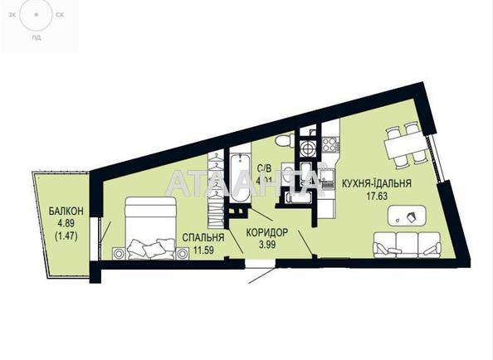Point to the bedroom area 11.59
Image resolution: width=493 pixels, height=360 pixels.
point(200,248)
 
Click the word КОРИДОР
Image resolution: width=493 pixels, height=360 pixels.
point(267,232)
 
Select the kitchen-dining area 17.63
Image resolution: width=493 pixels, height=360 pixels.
point(378,196)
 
